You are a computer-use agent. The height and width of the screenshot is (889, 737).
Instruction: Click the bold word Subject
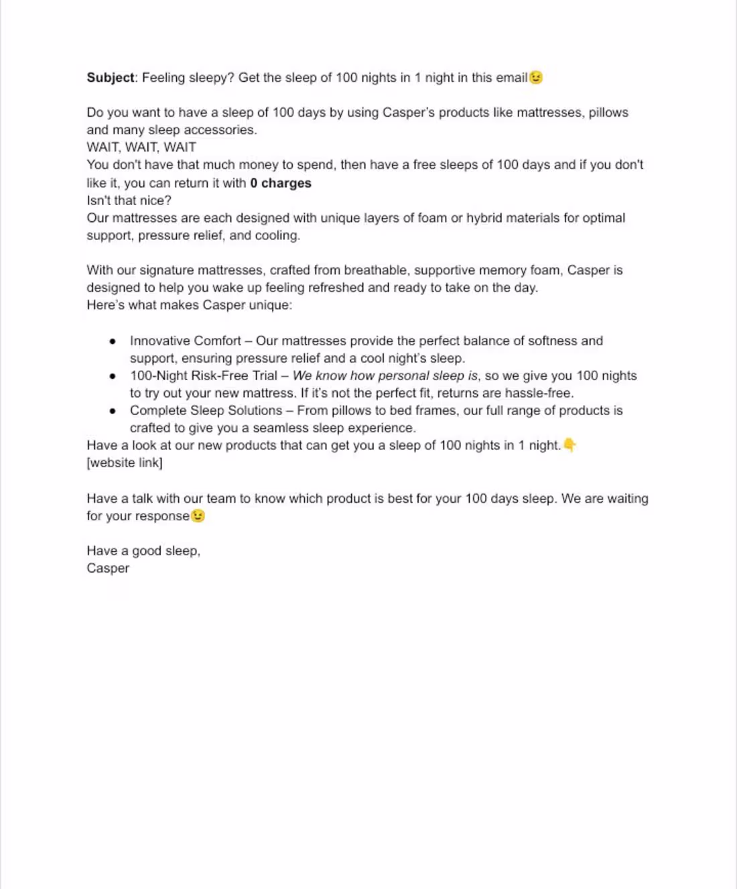(111, 78)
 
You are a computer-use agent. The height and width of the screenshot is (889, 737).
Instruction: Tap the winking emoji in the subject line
(536, 78)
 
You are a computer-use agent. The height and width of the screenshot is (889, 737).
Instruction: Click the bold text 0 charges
(281, 183)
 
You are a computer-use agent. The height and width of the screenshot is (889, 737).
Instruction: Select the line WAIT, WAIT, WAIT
(141, 147)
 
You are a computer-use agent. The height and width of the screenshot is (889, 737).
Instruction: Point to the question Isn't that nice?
(129, 200)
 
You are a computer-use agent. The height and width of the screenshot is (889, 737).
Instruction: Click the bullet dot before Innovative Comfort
(112, 341)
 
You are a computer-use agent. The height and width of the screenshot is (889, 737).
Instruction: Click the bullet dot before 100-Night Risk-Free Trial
(112, 376)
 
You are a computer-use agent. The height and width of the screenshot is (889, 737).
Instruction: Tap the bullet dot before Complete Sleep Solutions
(112, 411)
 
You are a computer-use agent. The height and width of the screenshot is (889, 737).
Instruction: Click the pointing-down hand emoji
(569, 445)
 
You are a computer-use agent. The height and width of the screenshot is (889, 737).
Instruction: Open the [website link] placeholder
(125, 463)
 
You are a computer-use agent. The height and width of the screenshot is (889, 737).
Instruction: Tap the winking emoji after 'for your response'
(198, 516)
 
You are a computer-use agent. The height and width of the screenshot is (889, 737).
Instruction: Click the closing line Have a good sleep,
(143, 551)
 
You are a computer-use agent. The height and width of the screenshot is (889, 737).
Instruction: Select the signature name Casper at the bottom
(108, 569)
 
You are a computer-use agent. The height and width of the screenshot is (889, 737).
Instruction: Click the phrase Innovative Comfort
(186, 341)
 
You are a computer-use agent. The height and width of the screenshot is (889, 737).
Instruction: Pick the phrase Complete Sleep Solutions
(206, 411)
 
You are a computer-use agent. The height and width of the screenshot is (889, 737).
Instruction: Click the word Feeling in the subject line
(163, 78)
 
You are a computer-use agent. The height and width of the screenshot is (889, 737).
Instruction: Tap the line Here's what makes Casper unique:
(190, 306)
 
